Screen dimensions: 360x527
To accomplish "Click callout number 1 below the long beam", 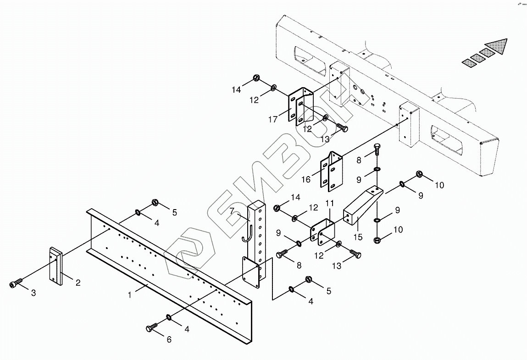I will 130,295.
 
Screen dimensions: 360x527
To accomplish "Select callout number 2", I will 78,282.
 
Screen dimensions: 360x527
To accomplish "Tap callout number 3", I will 33,293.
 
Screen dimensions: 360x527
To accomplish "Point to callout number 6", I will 169,339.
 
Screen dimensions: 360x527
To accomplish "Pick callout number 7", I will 232,211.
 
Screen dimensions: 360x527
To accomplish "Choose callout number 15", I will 358,237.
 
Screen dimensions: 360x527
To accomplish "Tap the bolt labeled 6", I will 152,328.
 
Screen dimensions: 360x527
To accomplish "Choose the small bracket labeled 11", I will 323,232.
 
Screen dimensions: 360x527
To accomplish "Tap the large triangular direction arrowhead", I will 498,47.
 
